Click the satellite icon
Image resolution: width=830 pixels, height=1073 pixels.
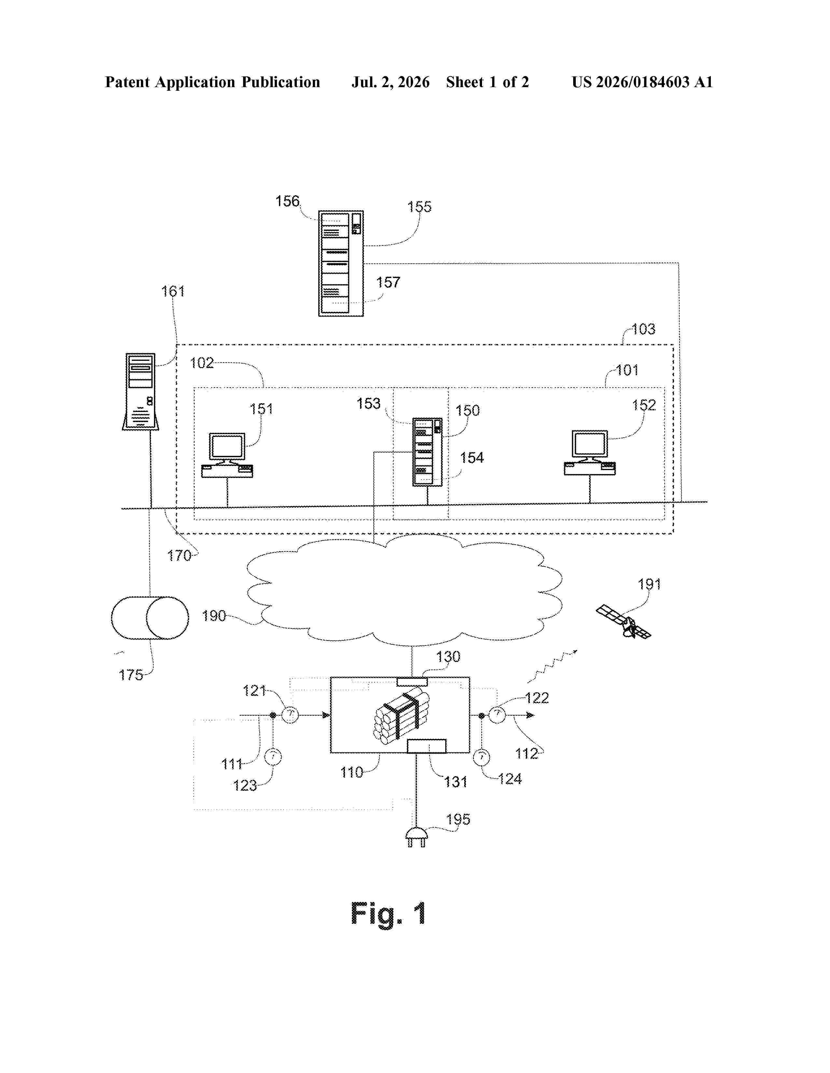coord(624,621)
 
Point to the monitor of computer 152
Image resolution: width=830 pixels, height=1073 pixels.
coord(589,444)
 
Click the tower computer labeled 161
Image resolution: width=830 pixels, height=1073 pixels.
coord(141,391)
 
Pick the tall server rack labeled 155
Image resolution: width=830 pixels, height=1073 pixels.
coord(341,263)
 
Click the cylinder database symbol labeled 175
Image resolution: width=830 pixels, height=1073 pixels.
coord(150,617)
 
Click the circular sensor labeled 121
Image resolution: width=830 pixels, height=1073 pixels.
coord(290,715)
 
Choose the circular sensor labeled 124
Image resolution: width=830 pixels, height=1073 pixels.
coord(481,757)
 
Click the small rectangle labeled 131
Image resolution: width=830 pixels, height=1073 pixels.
coord(427,746)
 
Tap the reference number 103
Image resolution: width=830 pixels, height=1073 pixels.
coord(643,329)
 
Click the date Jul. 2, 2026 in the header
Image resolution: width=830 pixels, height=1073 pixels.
coord(390,82)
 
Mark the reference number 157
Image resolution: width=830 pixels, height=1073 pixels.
coord(388,283)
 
